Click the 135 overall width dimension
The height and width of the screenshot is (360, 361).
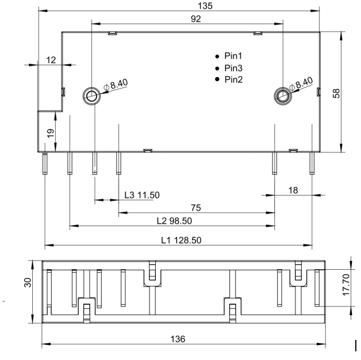point(205,6)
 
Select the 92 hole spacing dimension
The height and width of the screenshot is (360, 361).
point(195,19)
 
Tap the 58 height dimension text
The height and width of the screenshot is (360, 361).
point(336,93)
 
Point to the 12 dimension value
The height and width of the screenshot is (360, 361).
point(51,60)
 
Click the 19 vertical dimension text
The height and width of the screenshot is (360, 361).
point(51,133)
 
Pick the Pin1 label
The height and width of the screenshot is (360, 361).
point(233,56)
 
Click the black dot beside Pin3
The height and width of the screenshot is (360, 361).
point(217,68)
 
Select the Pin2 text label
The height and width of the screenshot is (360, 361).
point(234,80)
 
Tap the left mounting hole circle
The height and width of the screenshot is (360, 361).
point(91,96)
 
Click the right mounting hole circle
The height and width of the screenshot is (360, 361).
point(283,96)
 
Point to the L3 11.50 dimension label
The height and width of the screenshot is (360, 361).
point(142,195)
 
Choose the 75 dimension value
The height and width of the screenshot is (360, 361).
point(196,208)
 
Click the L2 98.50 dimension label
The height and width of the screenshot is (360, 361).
point(174,221)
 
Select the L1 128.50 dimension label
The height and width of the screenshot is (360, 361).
point(181,240)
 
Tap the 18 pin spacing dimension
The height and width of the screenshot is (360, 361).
point(293,190)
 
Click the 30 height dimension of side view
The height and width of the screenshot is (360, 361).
point(28,282)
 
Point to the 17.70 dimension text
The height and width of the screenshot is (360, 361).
point(346,285)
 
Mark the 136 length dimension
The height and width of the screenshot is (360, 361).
point(178,339)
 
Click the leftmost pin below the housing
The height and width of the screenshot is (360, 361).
point(45,163)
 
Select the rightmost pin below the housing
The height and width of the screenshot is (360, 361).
point(312,163)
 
